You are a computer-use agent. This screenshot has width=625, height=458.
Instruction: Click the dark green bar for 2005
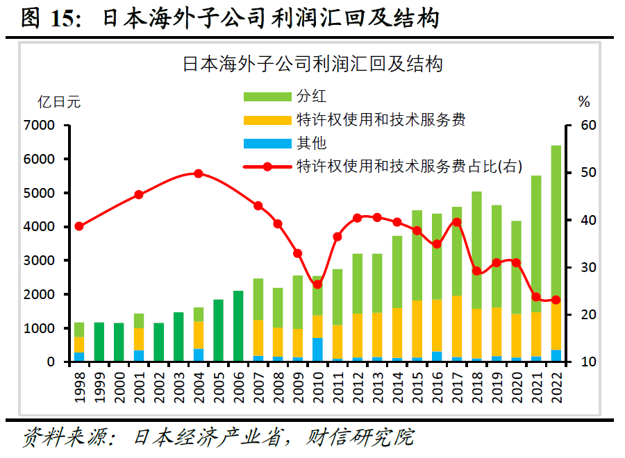218,330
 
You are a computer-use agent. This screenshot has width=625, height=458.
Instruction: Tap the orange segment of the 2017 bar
456,326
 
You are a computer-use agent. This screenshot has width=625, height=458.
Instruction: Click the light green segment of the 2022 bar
556,222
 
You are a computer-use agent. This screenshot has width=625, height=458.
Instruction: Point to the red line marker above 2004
199,173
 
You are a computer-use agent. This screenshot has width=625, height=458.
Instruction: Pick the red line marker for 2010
317,284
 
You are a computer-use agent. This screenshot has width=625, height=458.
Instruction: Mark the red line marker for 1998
79,226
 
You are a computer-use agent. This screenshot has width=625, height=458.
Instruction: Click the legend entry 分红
310,96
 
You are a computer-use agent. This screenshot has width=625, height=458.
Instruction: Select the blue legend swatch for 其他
266,144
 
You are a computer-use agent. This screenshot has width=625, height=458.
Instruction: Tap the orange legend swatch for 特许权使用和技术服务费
266,120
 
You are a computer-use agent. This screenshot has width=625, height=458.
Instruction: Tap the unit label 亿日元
58,102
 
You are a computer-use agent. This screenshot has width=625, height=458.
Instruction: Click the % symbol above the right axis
583,102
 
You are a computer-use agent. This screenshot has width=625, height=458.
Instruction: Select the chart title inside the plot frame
312,65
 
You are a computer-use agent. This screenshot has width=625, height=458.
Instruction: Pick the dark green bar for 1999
99,342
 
